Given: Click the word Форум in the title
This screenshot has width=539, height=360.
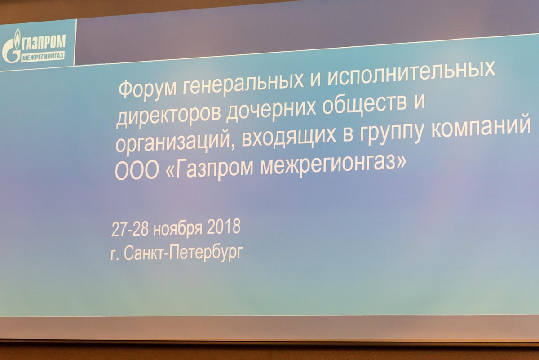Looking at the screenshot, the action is (147, 89).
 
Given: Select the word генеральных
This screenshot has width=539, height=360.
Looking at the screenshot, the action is (243, 83).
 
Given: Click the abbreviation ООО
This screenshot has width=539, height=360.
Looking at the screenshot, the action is (137, 171).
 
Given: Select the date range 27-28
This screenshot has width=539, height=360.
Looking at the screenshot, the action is (130, 229).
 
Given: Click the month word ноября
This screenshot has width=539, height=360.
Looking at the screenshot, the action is (177, 228).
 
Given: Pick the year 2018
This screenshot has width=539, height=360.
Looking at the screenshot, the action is (224, 227).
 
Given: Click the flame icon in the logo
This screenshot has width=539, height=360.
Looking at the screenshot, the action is (17, 38).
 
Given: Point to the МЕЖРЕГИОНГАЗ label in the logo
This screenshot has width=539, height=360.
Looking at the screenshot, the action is (43, 57).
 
